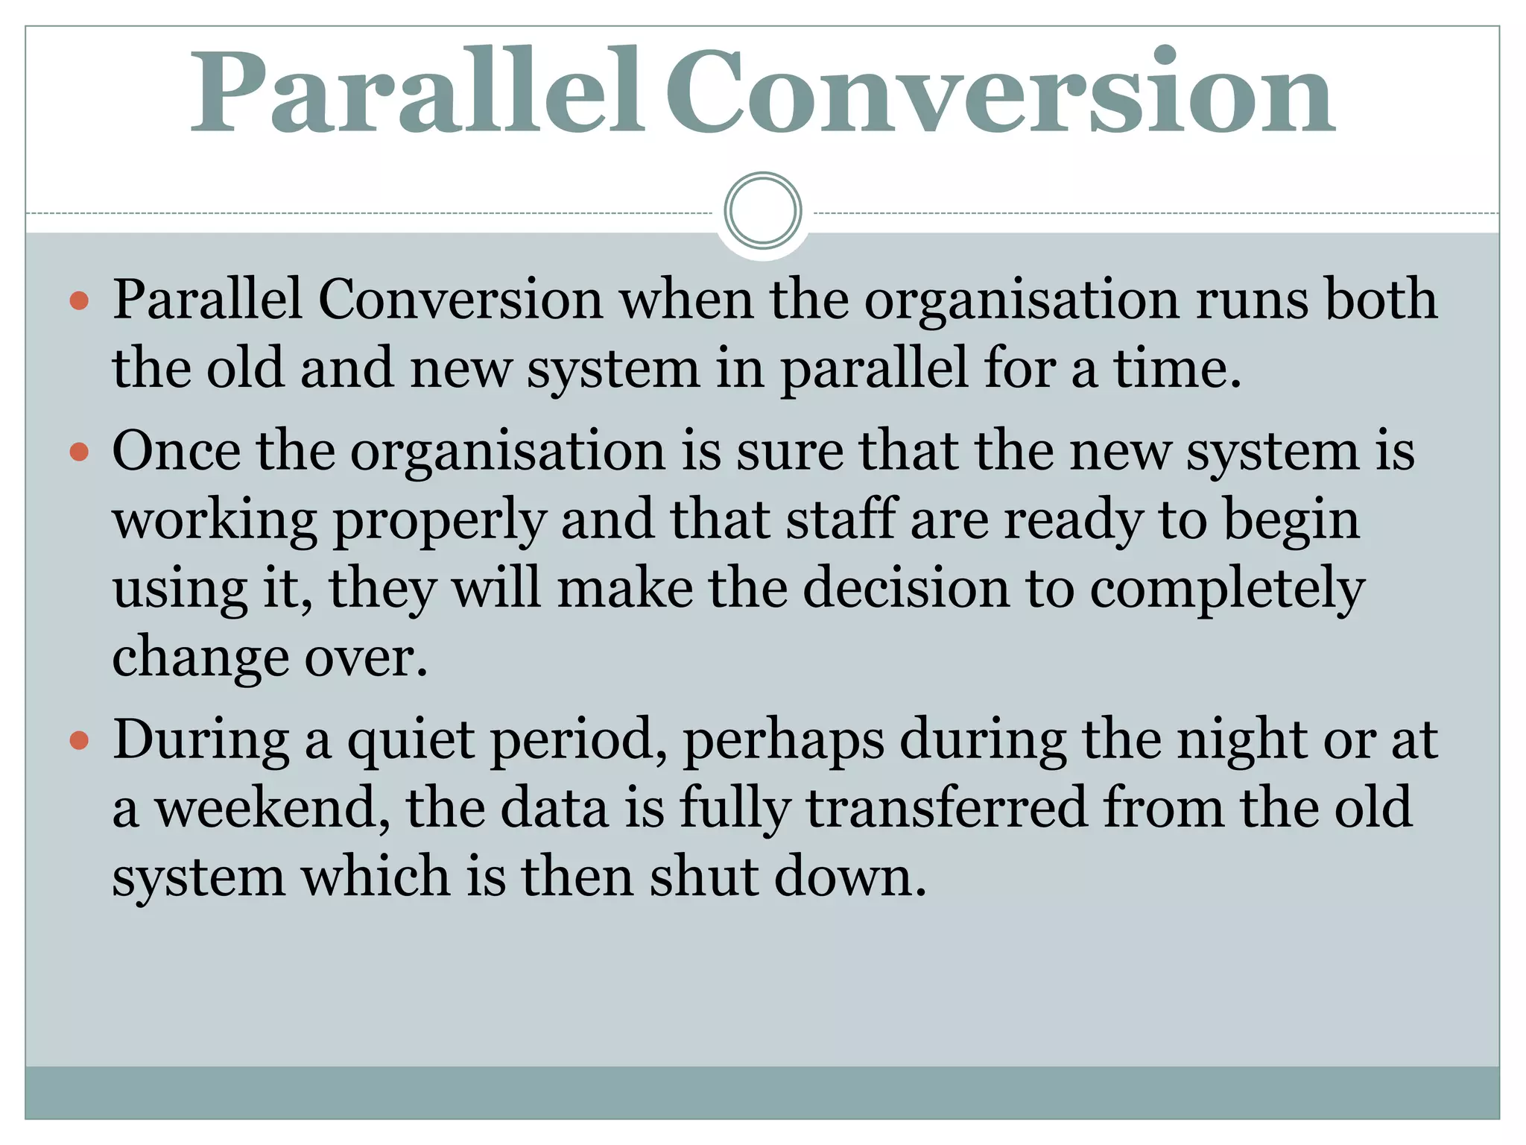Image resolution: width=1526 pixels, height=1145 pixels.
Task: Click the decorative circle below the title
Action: [x=762, y=211]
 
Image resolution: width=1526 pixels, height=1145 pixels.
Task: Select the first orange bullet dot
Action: [x=79, y=301]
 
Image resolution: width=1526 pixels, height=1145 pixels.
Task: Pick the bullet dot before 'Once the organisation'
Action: [x=79, y=452]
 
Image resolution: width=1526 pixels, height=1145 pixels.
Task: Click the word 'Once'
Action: [x=177, y=451]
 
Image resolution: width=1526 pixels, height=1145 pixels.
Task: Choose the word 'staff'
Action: [x=841, y=520]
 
